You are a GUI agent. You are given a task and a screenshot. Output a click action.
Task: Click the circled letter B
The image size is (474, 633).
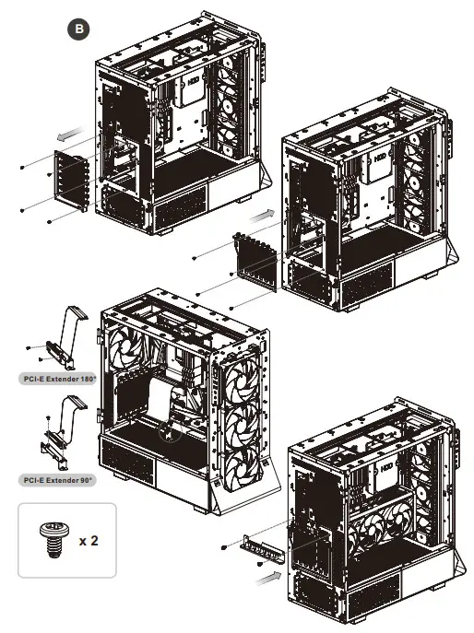tap(81, 29)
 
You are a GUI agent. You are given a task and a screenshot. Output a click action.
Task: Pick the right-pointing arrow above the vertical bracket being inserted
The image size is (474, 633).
tap(264, 213)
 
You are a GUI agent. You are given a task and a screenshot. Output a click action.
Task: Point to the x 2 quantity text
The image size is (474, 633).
tap(89, 540)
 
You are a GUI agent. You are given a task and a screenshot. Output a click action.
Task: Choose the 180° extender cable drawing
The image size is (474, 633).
tap(62, 336)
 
